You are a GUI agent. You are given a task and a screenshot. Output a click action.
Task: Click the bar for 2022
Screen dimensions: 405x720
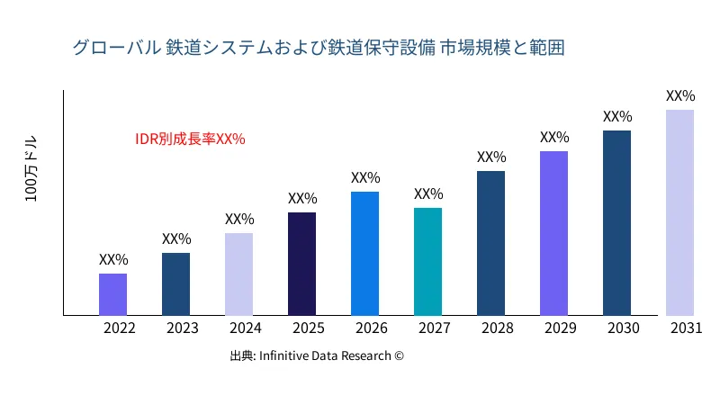click(x=112, y=294)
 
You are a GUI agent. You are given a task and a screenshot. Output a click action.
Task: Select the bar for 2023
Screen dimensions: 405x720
click(x=175, y=284)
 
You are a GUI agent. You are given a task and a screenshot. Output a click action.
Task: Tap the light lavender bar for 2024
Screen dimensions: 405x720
click(x=238, y=274)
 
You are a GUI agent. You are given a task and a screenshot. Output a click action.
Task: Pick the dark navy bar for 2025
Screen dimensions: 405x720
click(x=301, y=264)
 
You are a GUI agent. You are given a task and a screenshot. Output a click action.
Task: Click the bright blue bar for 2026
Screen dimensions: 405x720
click(x=364, y=254)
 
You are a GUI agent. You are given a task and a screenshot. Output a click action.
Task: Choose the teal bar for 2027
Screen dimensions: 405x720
click(x=427, y=262)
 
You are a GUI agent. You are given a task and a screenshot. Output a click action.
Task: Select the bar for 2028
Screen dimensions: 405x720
click(x=490, y=243)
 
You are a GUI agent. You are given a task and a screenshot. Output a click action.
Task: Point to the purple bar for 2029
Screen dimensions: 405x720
click(x=553, y=233)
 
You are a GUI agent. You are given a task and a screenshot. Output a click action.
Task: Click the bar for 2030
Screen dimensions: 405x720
click(x=616, y=223)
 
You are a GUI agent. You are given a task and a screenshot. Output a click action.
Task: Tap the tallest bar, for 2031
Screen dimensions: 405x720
click(x=679, y=212)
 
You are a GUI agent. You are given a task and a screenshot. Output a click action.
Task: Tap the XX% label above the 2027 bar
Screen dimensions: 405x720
click(x=428, y=193)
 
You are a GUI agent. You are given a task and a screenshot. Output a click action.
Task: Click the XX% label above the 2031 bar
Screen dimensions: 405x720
click(x=680, y=95)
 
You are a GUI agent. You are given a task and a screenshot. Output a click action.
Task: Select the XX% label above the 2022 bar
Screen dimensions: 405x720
click(x=113, y=259)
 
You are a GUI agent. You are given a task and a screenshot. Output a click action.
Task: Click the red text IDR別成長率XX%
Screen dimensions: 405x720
click(x=190, y=139)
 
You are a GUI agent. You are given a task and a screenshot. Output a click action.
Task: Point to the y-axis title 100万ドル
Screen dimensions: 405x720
click(x=31, y=170)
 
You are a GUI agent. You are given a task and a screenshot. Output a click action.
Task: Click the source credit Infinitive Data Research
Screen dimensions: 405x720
click(x=317, y=355)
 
